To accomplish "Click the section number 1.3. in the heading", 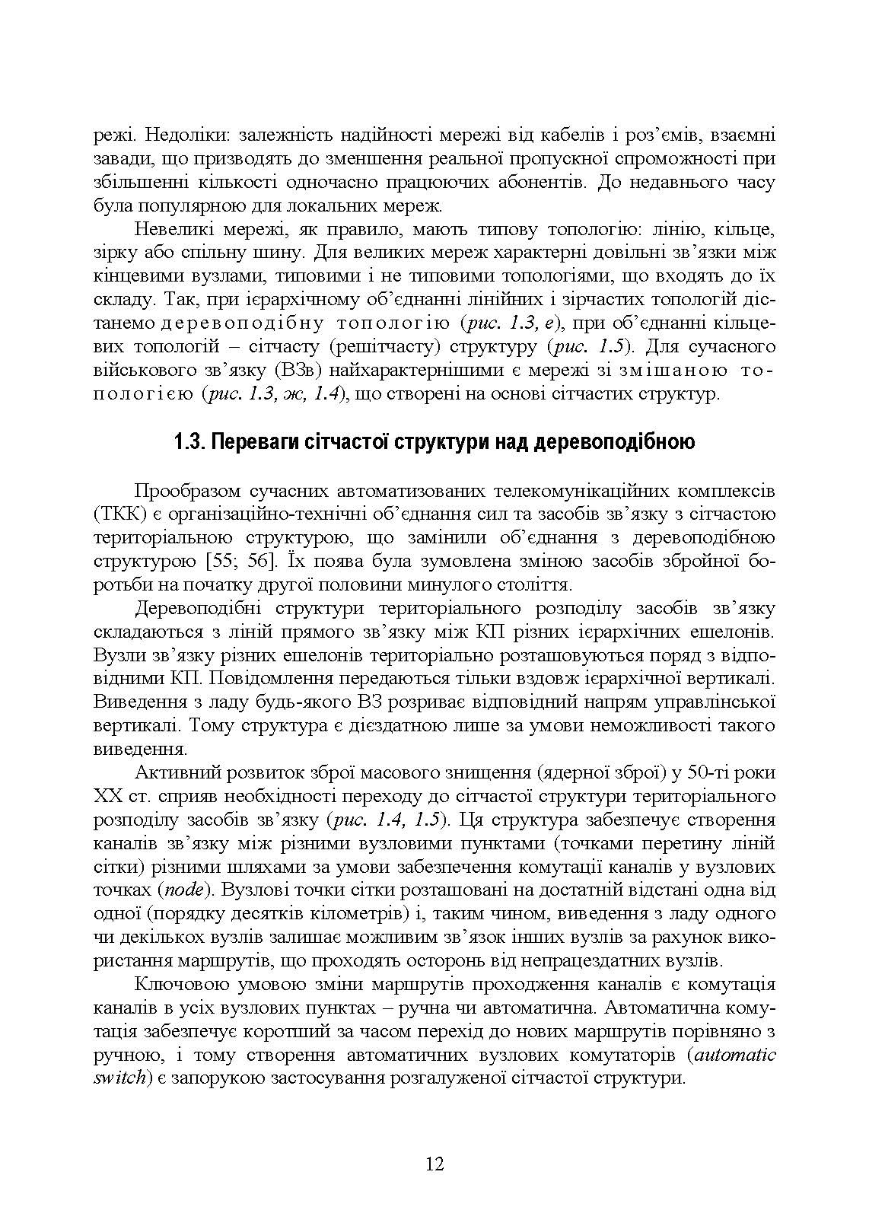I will [190, 442].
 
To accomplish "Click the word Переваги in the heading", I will [250, 442].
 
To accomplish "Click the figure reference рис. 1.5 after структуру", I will [594, 347].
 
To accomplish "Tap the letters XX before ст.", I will [107, 796].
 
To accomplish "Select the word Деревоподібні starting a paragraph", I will [199, 608].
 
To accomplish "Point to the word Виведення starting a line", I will [138, 701].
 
